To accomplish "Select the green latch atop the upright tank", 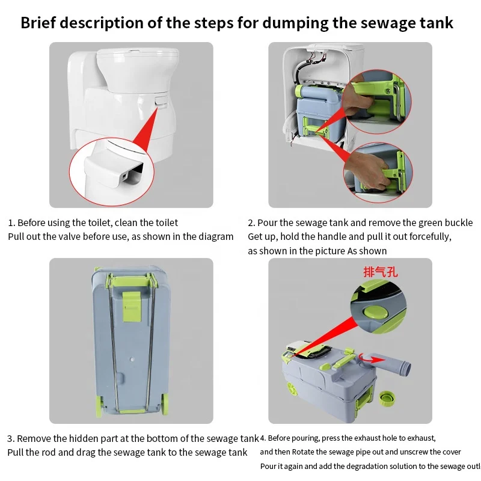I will click(132, 301).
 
